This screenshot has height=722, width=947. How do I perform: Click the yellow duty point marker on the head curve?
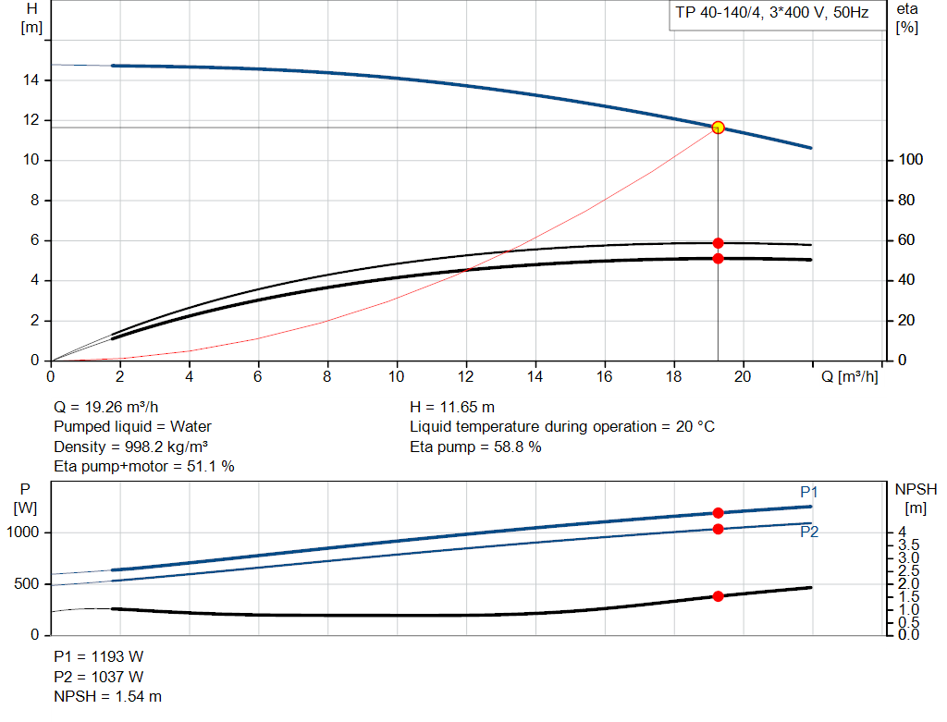point(718,128)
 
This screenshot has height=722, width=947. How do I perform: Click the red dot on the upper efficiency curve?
point(718,243)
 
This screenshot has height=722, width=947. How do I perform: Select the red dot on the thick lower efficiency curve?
point(718,259)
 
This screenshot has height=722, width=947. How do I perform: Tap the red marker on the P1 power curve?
point(718,513)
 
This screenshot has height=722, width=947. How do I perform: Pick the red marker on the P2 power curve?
point(718,529)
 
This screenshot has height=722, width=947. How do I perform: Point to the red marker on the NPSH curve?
point(718,596)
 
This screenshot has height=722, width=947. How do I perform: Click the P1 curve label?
point(809,492)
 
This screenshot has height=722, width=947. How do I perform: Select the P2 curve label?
point(809,532)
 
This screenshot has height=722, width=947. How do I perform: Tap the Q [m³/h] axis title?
point(848,376)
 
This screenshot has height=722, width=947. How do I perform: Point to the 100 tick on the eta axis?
point(910,161)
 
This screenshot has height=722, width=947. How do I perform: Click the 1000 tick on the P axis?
point(26,532)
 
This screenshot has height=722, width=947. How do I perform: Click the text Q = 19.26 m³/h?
point(112,407)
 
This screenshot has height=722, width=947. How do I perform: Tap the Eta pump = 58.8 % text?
point(475,447)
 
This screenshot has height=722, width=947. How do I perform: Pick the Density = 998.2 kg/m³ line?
point(136,447)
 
